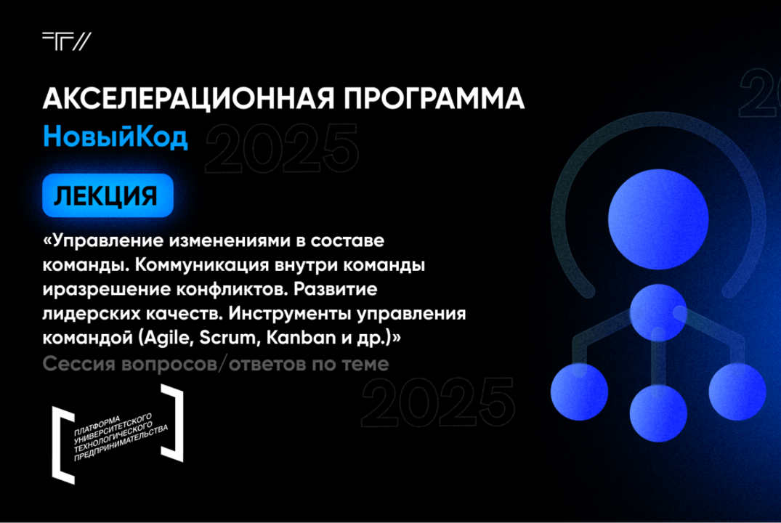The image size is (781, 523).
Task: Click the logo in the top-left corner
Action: click(x=66, y=41)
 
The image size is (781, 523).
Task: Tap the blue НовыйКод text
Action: click(x=116, y=137)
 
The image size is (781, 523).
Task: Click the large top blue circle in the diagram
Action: click(x=657, y=203)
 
